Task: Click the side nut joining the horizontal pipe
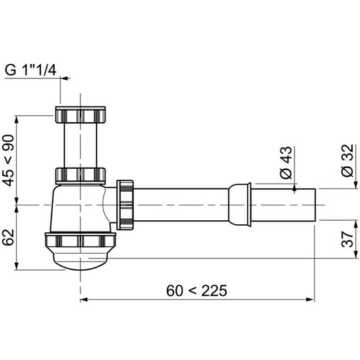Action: pos(126,203)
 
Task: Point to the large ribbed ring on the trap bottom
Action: pos(80,241)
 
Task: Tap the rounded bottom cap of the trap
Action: pos(80,260)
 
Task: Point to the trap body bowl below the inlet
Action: pos(74,209)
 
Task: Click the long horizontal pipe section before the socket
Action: pos(182,203)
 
